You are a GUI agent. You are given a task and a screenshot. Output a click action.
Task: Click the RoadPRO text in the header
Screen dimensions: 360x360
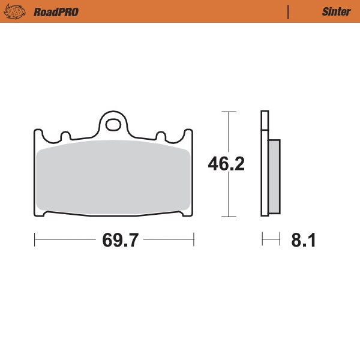click(x=56, y=11)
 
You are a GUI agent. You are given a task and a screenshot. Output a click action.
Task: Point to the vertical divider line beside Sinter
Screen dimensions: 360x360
click(x=289, y=11)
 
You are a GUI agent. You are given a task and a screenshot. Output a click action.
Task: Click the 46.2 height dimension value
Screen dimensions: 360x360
click(x=226, y=164)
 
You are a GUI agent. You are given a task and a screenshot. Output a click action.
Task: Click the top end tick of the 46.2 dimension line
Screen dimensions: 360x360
click(x=226, y=112)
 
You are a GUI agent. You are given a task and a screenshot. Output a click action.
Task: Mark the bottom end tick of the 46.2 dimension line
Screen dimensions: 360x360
click(x=226, y=216)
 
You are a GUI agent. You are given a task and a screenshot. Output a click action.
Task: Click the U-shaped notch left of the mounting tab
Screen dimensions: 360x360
click(x=64, y=136)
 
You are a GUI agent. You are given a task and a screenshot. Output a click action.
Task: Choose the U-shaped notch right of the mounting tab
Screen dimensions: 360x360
click(x=161, y=136)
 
